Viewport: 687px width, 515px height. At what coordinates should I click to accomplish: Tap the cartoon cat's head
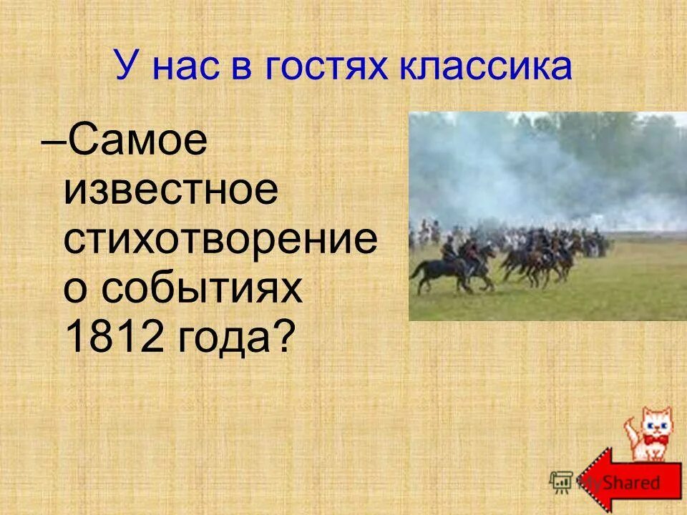[x=655, y=422]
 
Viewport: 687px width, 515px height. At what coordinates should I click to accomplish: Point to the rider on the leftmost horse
[x=449, y=250]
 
